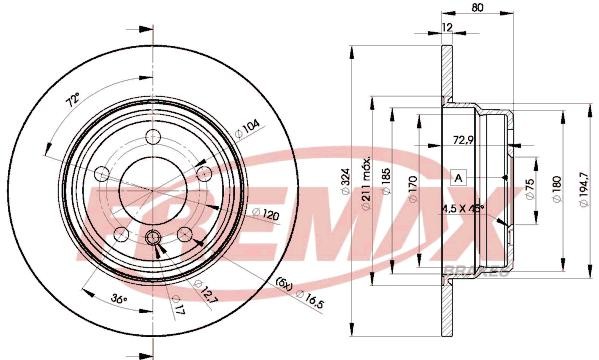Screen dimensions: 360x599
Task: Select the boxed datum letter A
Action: (x=458, y=176)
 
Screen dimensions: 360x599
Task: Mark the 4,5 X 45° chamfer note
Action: (x=463, y=209)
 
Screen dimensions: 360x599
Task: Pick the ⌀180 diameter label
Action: (x=556, y=186)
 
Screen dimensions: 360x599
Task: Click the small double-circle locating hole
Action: (x=154, y=238)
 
